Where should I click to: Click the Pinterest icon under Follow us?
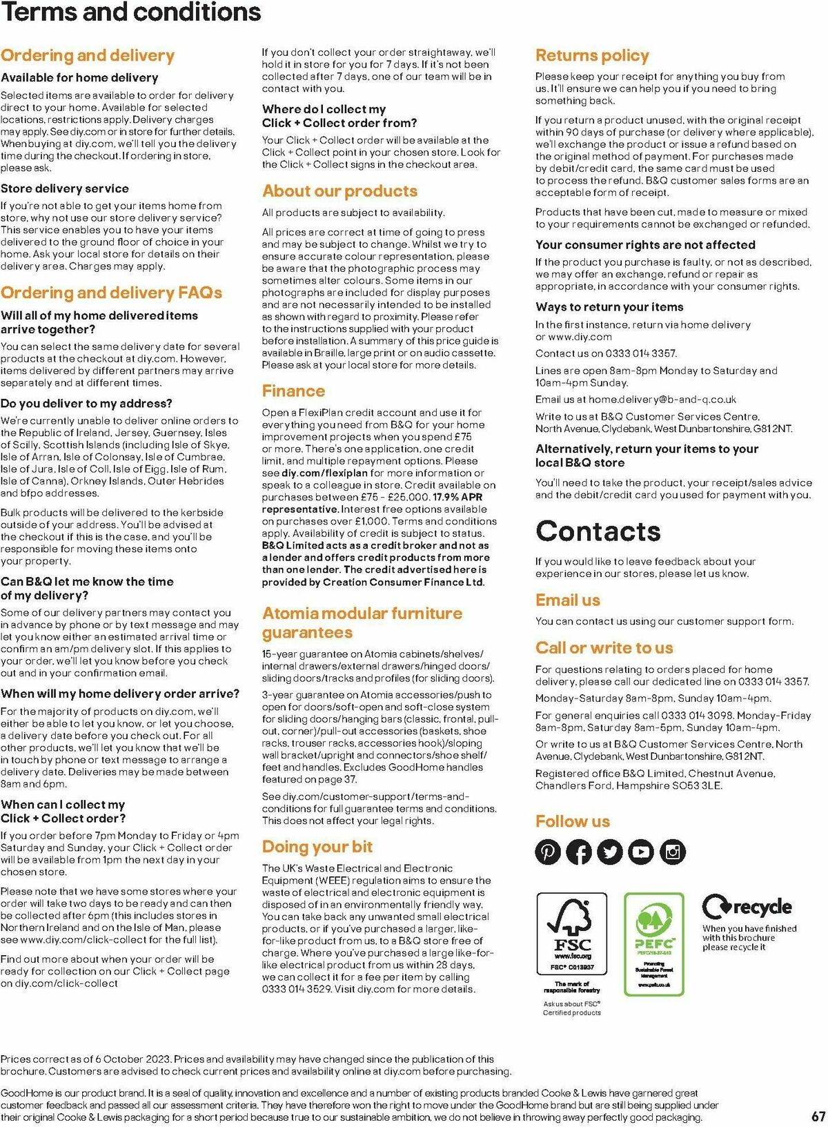pos(549,852)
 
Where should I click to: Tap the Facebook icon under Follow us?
pos(580,852)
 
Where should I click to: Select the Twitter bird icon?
pos(610,852)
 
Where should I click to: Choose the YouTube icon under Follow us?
pos(641,852)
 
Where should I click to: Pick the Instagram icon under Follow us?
pos(673,852)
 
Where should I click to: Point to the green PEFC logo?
pos(653,943)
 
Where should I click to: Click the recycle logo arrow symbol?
pos(716,906)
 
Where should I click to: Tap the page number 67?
pos(818,1117)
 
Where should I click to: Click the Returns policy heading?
pos(592,56)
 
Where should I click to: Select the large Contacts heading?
pos(598,531)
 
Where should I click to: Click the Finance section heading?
pos(293,391)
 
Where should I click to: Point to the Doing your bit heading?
pos(317,847)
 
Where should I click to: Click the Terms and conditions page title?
pos(131,12)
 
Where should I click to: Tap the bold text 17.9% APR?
pos(457,498)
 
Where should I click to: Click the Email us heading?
pos(568,600)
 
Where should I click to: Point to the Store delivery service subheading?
pos(65,188)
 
